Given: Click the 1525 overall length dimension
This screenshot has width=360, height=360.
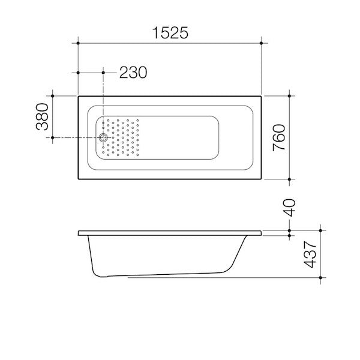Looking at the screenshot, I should tap(169, 34).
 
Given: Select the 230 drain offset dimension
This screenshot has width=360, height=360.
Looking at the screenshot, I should tap(133, 73).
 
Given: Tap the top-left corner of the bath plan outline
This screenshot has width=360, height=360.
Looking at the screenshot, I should tap(79, 95).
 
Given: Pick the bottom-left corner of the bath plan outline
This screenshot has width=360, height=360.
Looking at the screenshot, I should tap(79, 179).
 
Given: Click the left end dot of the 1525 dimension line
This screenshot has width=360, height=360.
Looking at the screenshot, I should tap(78, 43).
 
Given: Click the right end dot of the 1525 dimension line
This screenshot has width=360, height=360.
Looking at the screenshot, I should tap(261, 43).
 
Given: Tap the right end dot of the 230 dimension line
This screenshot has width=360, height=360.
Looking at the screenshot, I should tap(104, 73).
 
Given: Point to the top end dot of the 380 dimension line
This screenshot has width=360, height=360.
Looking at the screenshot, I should tap(53, 95).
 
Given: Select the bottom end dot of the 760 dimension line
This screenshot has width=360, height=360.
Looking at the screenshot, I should tap(290, 179).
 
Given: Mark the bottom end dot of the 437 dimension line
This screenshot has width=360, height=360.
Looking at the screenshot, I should tap(322, 278).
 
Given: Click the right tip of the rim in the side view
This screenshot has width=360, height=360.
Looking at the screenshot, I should tap(262, 233).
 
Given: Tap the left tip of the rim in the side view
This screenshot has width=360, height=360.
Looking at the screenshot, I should tap(79, 233).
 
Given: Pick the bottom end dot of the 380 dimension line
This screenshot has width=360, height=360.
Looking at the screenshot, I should tap(53, 139).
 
